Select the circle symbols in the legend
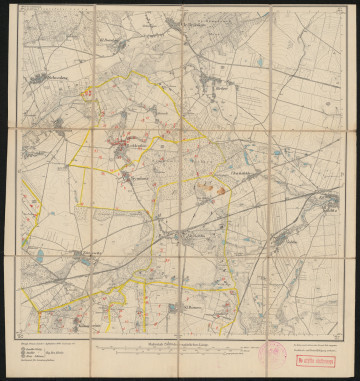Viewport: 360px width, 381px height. point(26,353)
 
